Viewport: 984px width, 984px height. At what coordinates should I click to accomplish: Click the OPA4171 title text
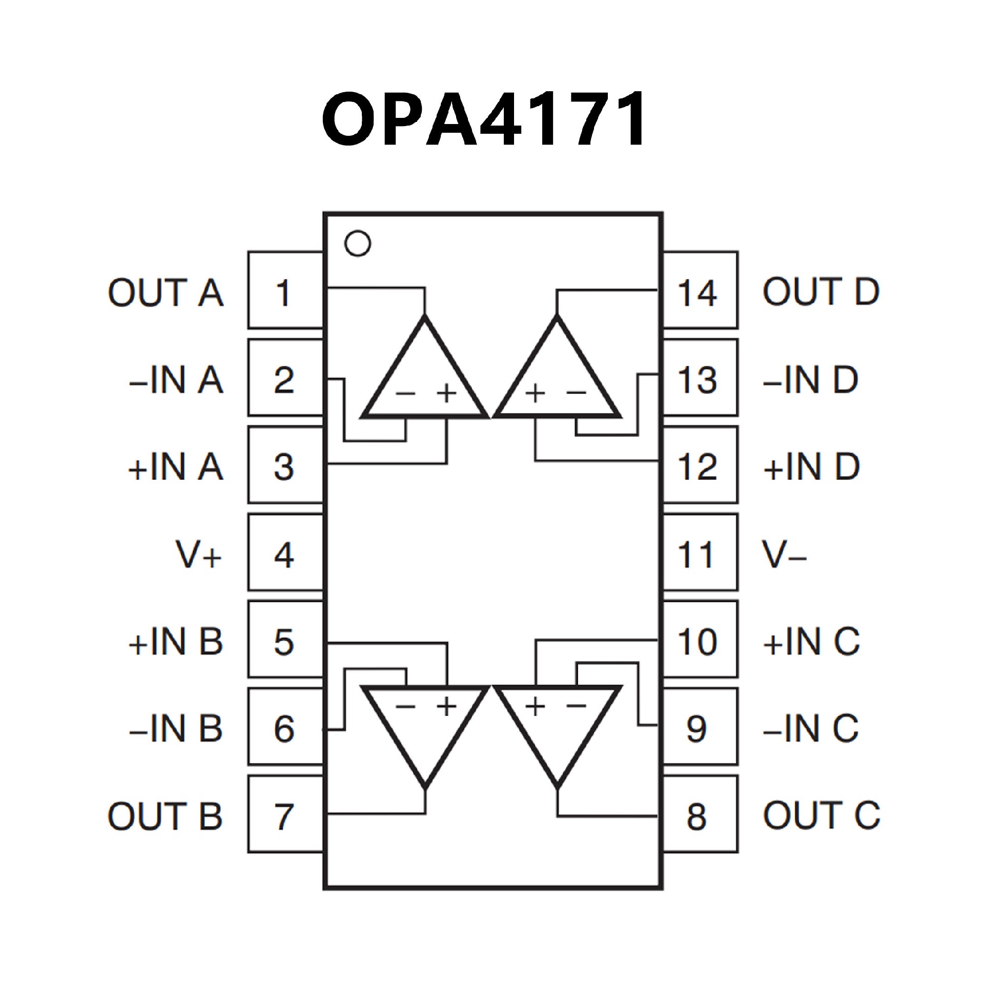484,119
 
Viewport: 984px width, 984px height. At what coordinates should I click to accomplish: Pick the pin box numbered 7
285,816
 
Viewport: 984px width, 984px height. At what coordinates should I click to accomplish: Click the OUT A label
166,293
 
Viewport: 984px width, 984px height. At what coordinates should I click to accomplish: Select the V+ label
199,555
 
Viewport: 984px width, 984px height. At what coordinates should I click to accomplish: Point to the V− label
784,555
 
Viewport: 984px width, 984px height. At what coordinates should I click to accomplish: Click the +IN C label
811,642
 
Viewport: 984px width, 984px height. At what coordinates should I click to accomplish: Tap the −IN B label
176,729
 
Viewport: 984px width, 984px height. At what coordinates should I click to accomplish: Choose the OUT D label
821,292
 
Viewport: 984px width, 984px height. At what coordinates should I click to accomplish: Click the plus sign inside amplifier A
446,394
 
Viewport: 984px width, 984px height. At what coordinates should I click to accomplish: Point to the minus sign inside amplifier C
577,706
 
